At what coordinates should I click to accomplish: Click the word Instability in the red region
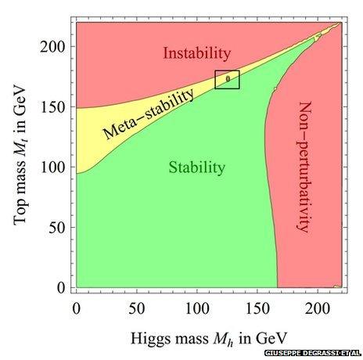(x=197, y=54)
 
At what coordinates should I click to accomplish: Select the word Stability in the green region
(x=196, y=167)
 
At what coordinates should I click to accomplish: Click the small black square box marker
(x=227, y=79)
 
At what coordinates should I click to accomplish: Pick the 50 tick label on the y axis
(x=53, y=227)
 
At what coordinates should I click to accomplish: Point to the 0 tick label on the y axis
(x=57, y=287)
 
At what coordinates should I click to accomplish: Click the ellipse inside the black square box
(x=227, y=78)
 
